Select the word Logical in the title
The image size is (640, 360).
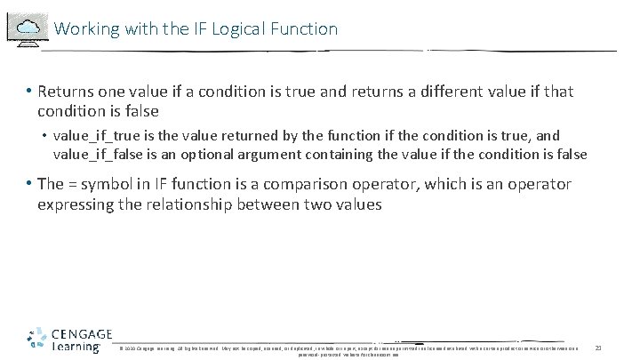(x=233, y=28)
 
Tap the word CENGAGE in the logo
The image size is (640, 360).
(x=81, y=333)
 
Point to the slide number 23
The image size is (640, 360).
(x=598, y=347)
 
